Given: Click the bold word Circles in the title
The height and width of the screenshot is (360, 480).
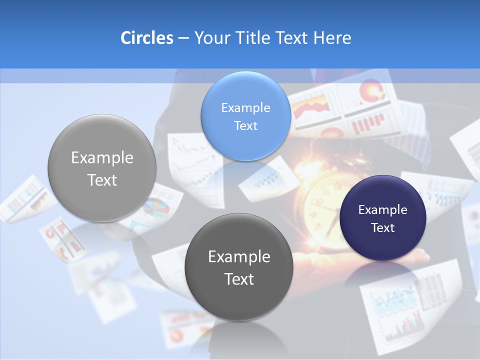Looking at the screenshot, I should click(146, 38).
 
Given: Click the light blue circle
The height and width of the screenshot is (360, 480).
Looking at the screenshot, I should click(245, 116).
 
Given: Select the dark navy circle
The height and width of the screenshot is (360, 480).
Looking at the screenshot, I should click(383, 218).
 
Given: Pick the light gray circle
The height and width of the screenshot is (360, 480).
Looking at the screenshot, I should click(102, 168).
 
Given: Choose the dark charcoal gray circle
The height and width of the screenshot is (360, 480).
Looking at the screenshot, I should click(239, 267).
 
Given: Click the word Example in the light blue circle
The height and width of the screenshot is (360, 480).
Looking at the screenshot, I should click(245, 107).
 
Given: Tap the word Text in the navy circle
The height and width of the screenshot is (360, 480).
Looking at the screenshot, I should click(383, 227).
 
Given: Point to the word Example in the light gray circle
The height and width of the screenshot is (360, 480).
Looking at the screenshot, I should click(102, 158).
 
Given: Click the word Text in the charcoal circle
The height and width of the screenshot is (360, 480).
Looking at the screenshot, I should click(239, 279).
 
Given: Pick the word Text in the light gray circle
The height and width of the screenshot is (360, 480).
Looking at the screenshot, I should click(102, 180).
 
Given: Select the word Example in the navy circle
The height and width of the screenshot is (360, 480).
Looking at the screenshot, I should click(383, 209).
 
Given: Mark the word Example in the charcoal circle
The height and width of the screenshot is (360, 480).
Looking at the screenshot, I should click(239, 256).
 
